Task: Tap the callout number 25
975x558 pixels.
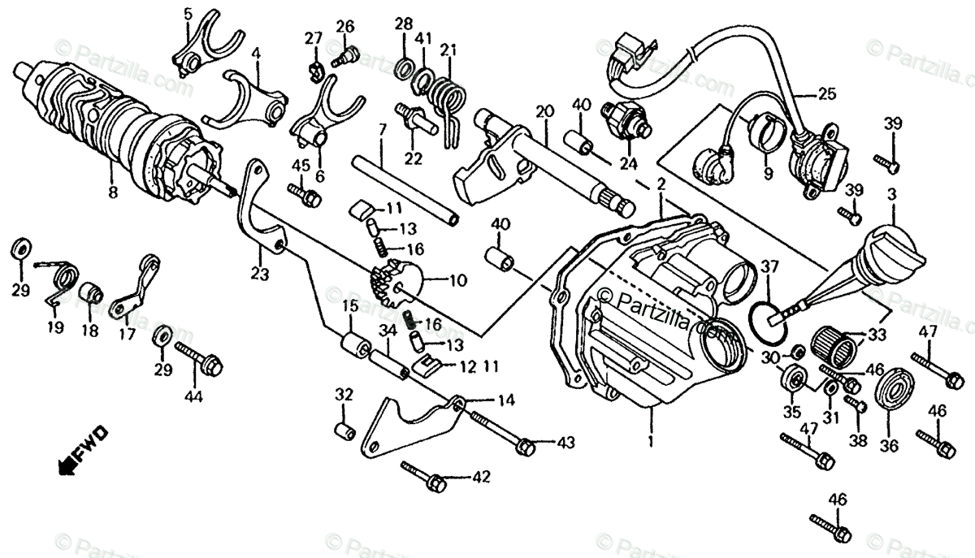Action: pos(826,94)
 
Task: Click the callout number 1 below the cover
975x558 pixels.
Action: pos(650,443)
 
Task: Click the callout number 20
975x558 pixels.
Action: pos(544,110)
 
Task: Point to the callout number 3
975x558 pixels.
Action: pos(891,196)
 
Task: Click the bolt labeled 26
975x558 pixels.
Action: pos(348,55)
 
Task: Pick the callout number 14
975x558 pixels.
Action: pos(506,400)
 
